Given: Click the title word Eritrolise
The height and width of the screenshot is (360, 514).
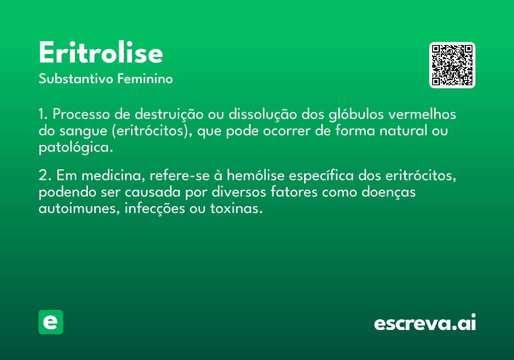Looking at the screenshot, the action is pos(101,52).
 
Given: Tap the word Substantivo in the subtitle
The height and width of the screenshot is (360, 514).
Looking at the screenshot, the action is pos(76,78).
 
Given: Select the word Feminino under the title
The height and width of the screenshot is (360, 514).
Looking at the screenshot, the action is pos(145,78).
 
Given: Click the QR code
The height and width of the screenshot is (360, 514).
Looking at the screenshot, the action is pos(452,65).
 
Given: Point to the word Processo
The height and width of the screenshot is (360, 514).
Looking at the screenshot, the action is pos(81,114).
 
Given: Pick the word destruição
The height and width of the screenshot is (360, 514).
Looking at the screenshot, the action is pos(169,114).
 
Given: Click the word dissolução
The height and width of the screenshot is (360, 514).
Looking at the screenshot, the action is pos(263,114).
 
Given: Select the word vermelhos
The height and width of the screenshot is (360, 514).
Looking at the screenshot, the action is pos(422,114).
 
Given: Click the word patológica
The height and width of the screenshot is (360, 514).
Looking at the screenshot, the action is pos(76,147).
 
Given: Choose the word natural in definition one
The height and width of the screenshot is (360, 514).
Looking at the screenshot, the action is pos(403,130).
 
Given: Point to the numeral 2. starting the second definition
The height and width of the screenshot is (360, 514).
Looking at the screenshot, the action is pos(45,175).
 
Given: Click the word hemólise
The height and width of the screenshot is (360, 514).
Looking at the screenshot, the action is pos(256,175).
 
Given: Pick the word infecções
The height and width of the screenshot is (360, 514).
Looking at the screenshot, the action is pos(155,209).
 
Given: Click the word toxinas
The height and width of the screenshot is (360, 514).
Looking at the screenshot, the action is pos(236,209).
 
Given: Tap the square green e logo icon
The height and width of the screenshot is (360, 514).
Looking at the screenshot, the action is pos(51,322).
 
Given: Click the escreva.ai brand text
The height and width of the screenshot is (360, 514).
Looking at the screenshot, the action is pos(425,322).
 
